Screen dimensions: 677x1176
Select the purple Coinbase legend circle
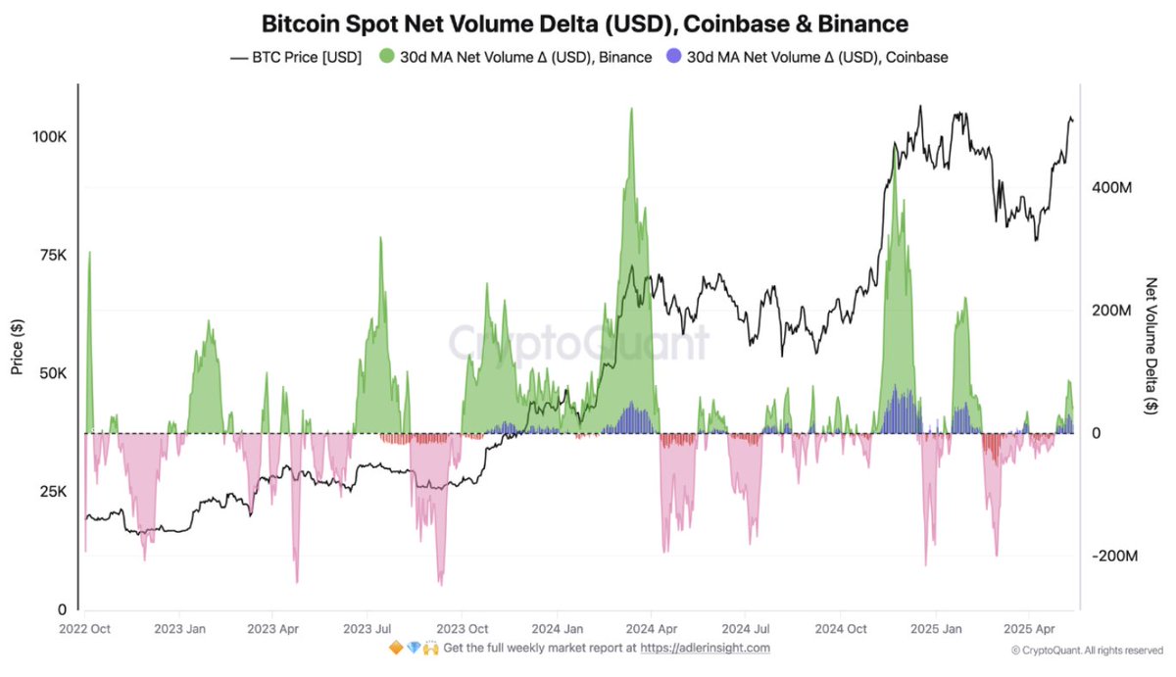[x=674, y=57]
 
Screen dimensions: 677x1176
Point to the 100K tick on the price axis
[x=49, y=136]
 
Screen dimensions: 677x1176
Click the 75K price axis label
[x=52, y=255]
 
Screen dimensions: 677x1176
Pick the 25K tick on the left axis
[x=52, y=492]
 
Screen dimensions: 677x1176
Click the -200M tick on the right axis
[x=1115, y=556]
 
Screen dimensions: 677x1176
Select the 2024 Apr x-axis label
[x=650, y=628]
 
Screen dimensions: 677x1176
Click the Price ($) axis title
[x=17, y=347]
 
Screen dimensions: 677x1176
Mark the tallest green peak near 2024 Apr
[x=631, y=110]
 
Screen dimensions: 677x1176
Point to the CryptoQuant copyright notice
[x=1087, y=650]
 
